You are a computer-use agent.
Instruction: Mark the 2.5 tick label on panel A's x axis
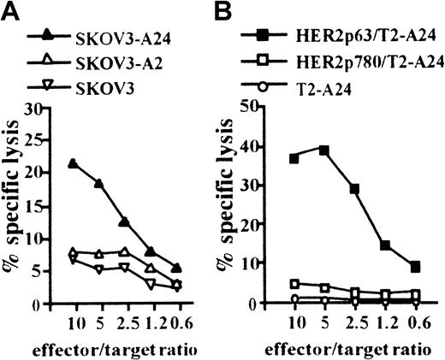click(x=126, y=323)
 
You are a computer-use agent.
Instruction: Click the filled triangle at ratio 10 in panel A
click(x=73, y=163)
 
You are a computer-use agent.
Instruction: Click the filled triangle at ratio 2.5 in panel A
click(x=125, y=221)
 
